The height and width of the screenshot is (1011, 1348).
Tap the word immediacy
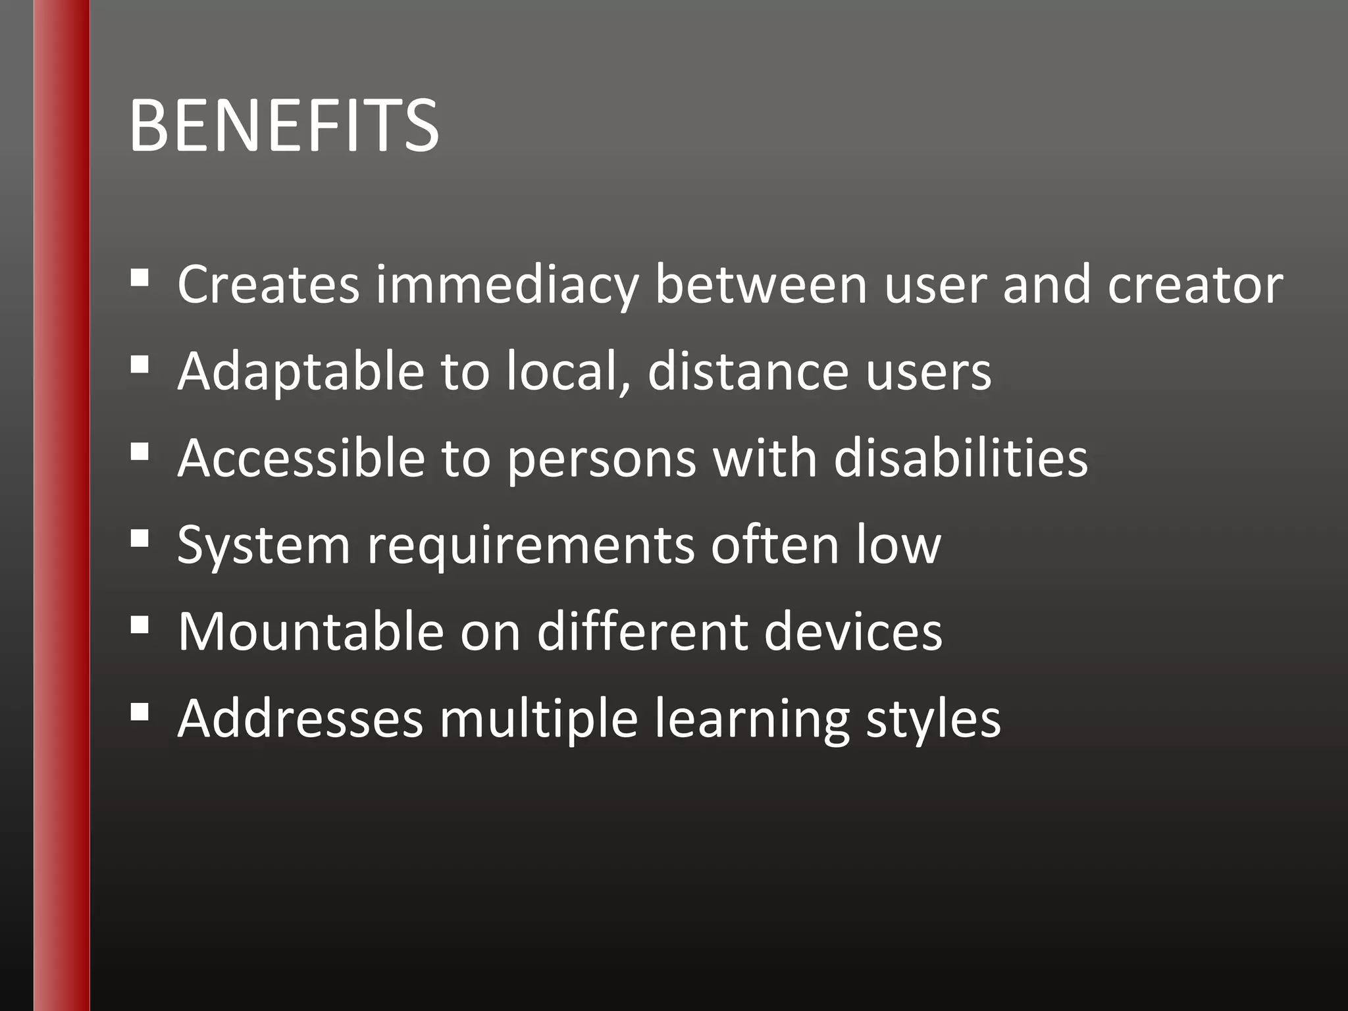tap(507, 285)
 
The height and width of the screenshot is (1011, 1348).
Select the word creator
tap(1195, 285)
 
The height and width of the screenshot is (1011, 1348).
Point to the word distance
tap(748, 372)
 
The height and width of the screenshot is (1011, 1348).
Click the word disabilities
tap(960, 458)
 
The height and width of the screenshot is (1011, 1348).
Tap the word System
tap(263, 546)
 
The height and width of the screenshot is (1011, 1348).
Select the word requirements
tap(531, 546)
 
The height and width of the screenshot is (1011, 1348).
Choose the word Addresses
tap(300, 719)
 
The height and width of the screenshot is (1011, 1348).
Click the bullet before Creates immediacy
tap(140, 278)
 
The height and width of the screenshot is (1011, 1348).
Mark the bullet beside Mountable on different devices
tap(140, 625)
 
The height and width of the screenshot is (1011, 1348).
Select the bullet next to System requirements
tap(140, 538)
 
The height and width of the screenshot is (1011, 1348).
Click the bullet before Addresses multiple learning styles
tap(140, 712)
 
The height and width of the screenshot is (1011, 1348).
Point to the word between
tap(761, 285)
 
